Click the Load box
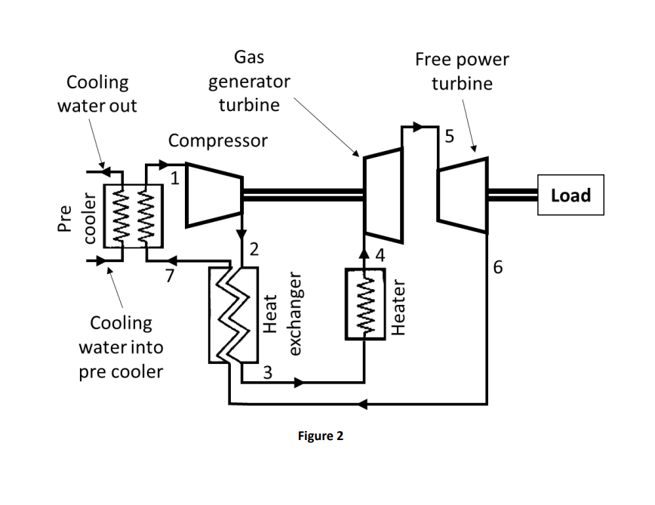(570, 196)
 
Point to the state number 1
(174, 180)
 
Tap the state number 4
(380, 256)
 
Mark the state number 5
(450, 136)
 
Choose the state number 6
(497, 266)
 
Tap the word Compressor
(217, 140)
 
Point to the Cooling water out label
(97, 94)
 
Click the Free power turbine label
(462, 71)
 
